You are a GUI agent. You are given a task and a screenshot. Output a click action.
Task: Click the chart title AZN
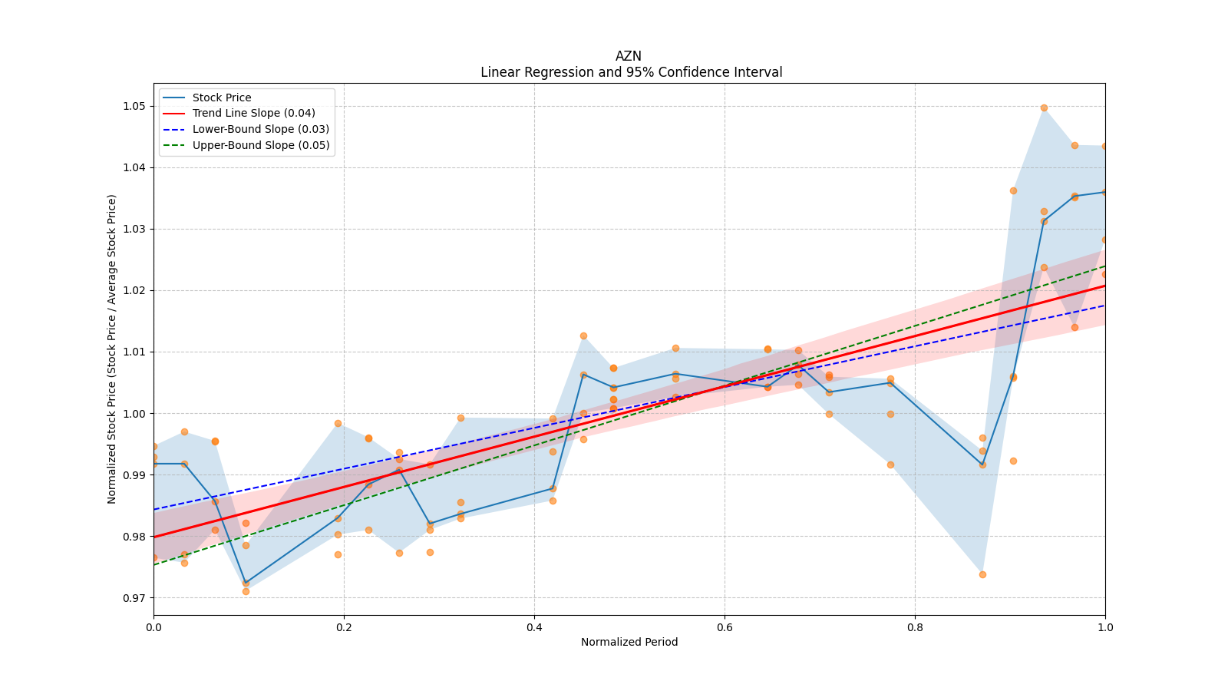click(x=629, y=56)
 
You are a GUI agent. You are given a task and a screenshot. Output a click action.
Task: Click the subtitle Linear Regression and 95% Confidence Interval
click(x=631, y=72)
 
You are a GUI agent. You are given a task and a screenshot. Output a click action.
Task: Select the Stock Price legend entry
click(x=222, y=98)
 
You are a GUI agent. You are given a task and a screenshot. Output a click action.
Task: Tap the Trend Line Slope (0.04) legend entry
click(x=253, y=113)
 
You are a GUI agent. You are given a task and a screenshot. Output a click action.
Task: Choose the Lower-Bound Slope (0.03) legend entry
click(x=260, y=129)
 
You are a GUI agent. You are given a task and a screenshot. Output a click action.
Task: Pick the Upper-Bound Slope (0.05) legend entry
click(x=260, y=145)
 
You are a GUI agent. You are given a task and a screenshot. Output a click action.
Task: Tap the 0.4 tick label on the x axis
click(x=534, y=627)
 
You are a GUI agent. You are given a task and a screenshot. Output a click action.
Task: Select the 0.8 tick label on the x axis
click(x=915, y=627)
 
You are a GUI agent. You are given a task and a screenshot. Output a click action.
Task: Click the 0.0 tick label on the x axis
click(x=153, y=627)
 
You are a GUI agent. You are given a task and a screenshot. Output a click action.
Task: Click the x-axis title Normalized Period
click(x=629, y=642)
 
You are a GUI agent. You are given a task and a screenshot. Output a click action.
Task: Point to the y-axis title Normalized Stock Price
click(x=112, y=349)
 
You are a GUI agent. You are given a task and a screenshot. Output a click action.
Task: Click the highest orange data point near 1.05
click(x=1044, y=107)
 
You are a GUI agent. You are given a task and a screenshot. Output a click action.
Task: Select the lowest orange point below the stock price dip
click(x=246, y=591)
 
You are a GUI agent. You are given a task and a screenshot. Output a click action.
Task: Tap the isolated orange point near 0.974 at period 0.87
click(x=982, y=574)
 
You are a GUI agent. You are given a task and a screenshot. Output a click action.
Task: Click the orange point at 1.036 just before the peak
click(x=1013, y=190)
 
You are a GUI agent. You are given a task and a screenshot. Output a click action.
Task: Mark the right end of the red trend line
click(x=1104, y=286)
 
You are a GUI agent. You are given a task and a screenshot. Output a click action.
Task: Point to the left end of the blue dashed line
click(x=154, y=509)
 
